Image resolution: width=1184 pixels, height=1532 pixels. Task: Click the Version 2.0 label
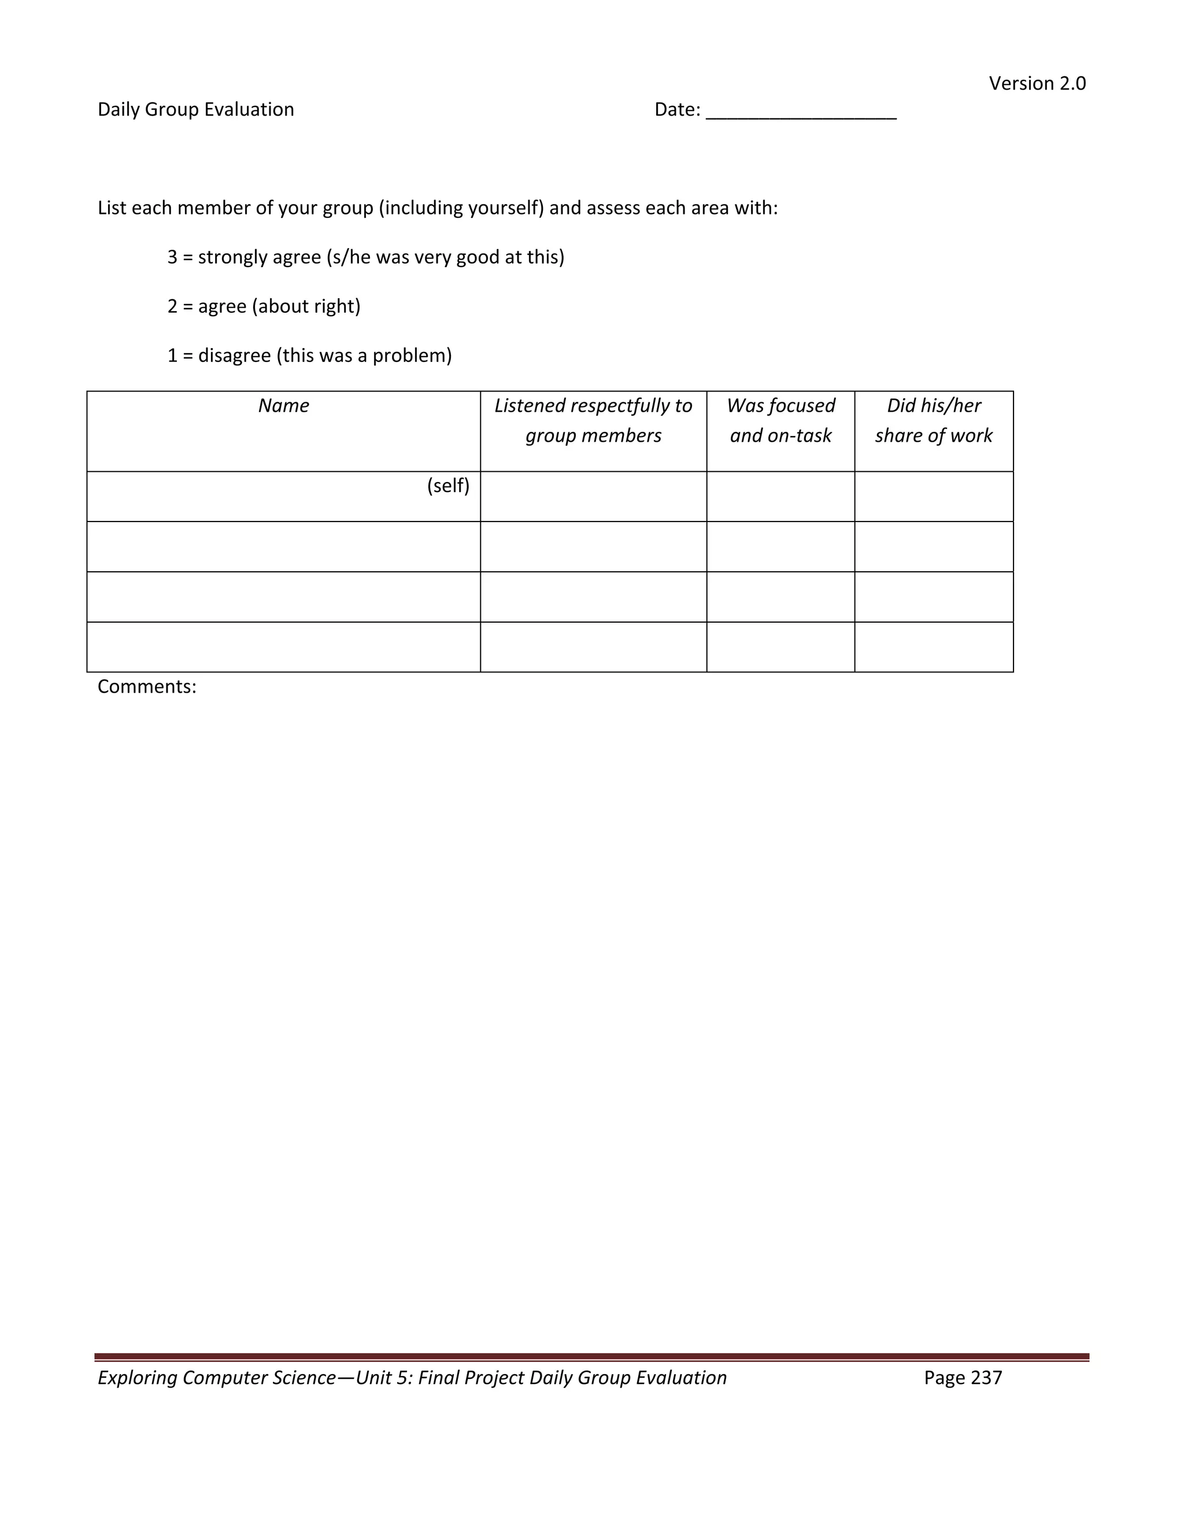click(x=1037, y=83)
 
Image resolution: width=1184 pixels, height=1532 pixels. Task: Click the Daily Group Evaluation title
click(x=196, y=109)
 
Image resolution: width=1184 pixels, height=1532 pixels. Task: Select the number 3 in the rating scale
click(x=172, y=257)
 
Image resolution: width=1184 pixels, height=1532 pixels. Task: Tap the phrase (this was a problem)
click(x=364, y=356)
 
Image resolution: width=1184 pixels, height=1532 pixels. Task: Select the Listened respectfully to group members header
click(x=593, y=421)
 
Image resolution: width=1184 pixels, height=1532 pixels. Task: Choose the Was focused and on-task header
click(x=780, y=421)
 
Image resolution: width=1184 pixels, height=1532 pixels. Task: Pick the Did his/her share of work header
click(x=934, y=421)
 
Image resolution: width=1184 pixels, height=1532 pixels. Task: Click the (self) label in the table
click(x=448, y=486)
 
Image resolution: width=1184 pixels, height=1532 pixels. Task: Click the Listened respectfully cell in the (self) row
click(x=593, y=497)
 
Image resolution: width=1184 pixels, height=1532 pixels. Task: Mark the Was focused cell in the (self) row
click(x=780, y=497)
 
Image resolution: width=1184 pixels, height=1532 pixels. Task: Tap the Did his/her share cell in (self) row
click(x=934, y=497)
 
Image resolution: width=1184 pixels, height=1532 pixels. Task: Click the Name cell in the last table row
click(x=283, y=647)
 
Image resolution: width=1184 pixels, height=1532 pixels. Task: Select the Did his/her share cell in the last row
click(x=934, y=647)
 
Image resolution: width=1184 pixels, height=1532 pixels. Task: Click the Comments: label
click(x=147, y=687)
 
